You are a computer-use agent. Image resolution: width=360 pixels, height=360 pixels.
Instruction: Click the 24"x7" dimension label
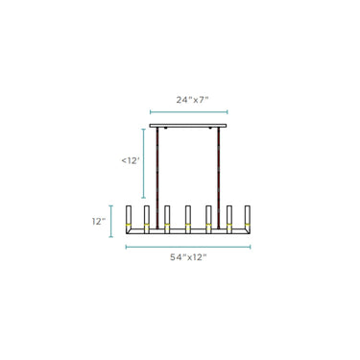tap(192, 100)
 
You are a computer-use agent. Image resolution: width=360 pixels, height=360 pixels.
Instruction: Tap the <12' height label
tap(131, 160)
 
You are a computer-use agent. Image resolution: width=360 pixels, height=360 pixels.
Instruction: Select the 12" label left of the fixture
tap(99, 222)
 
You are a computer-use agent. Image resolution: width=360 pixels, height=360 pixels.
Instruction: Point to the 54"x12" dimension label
tap(188, 257)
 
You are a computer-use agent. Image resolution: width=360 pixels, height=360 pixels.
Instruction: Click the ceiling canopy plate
tap(188, 126)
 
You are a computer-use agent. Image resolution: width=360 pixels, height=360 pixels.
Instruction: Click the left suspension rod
tap(157, 178)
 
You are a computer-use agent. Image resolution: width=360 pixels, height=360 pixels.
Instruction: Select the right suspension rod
tap(219, 178)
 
